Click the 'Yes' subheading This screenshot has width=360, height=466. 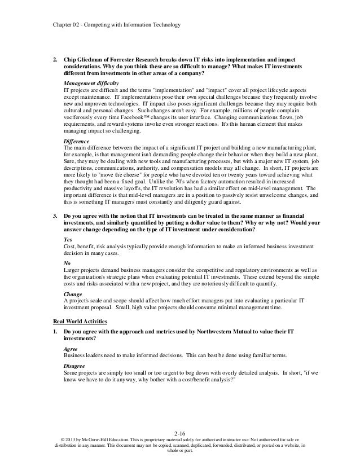point(68,239)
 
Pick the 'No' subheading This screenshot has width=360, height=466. point(67,264)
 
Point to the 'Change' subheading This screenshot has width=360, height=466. point(72,295)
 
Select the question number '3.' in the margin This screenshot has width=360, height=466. point(54,216)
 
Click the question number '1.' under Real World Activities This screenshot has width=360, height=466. point(54,333)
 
